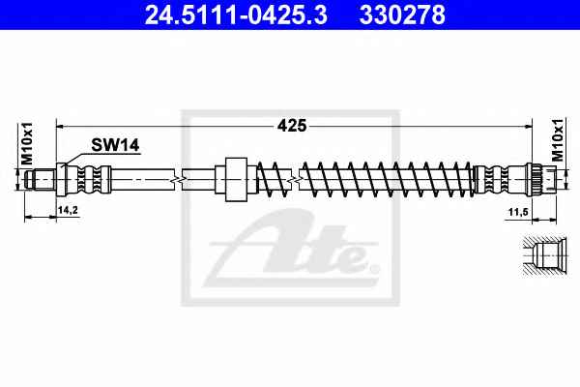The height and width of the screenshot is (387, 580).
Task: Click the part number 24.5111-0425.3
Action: (236, 15)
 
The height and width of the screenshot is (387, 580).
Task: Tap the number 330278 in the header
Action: (402, 15)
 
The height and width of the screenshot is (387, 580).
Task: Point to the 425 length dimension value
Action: (292, 126)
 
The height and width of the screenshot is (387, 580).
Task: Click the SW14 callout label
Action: (115, 145)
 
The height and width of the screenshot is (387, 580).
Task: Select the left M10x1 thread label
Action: (27, 143)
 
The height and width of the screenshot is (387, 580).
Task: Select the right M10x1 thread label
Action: (558, 140)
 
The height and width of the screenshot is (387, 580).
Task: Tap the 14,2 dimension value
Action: (68, 210)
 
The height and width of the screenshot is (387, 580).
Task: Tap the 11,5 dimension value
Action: (518, 212)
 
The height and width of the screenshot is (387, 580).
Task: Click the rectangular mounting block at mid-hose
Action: (236, 179)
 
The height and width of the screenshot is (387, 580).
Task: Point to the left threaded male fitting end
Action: (40, 180)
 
